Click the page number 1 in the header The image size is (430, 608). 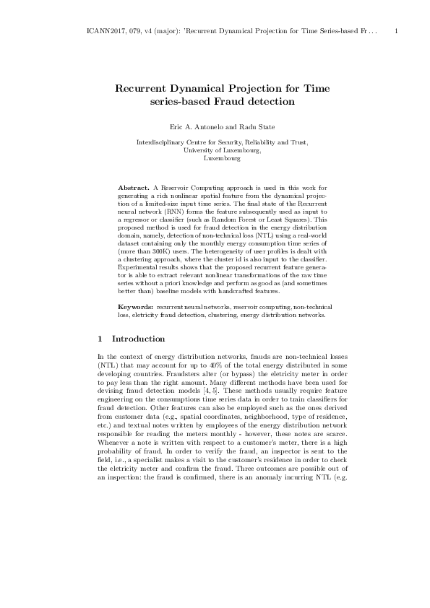397,32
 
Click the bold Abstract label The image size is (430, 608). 134,188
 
